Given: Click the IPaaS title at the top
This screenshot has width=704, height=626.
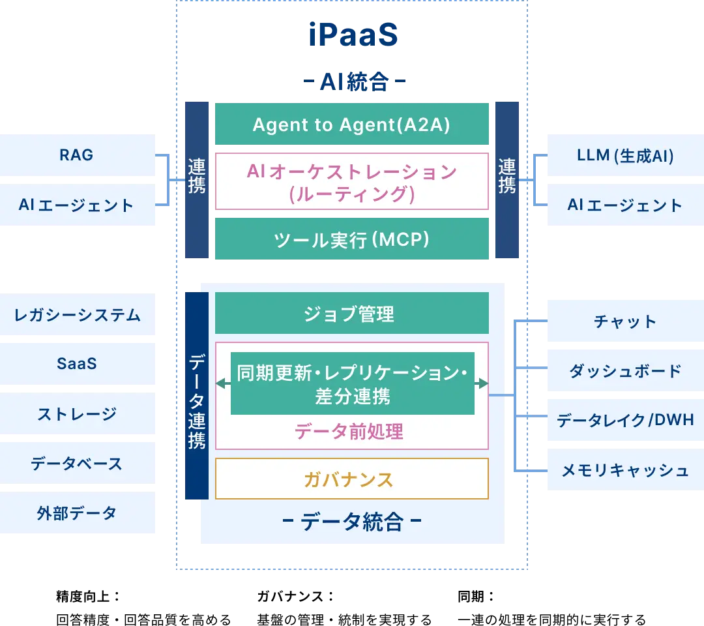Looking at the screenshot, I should click(x=352, y=36).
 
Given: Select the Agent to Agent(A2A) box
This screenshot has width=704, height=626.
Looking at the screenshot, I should click(x=351, y=125).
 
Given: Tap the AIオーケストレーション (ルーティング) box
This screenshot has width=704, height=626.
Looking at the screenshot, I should click(x=351, y=182).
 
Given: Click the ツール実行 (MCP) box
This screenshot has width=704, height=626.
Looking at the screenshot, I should click(x=351, y=239).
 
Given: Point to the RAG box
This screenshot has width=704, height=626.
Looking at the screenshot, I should click(x=78, y=155).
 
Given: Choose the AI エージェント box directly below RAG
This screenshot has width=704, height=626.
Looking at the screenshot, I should click(x=78, y=205).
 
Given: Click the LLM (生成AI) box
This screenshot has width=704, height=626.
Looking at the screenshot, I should click(x=625, y=155).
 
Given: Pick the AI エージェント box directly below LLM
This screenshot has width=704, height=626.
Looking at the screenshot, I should click(x=625, y=205).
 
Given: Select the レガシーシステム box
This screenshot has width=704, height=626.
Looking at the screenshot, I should click(x=78, y=315).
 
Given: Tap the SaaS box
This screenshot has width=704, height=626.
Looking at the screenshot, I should click(x=78, y=363).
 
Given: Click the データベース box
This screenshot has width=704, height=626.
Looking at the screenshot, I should click(x=78, y=464).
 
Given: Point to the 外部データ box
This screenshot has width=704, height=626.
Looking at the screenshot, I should click(x=78, y=513).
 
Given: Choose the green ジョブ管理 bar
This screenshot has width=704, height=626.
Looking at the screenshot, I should click(x=351, y=314).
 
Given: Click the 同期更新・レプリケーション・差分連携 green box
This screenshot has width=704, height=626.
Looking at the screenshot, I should click(x=352, y=383).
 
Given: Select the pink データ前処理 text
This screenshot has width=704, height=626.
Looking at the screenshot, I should click(x=349, y=431).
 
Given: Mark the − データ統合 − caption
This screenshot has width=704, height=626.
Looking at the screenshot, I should click(x=351, y=522).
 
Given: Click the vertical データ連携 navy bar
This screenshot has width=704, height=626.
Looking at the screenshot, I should click(x=196, y=396).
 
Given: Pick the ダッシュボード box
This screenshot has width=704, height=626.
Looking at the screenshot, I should click(x=625, y=371).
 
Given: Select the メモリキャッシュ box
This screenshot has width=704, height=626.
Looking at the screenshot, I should click(x=625, y=470).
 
